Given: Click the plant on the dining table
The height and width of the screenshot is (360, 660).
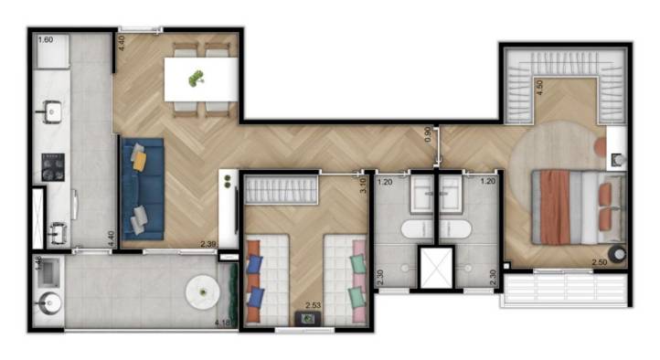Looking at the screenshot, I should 195,79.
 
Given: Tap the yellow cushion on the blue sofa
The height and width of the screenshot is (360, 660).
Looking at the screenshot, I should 139,161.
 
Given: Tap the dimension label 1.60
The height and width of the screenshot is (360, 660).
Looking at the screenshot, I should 46,40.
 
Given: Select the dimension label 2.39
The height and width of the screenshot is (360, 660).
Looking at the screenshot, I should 208,244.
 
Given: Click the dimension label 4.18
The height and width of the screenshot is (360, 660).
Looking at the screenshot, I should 221,323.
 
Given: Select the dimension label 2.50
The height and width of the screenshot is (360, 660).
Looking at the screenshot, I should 600,262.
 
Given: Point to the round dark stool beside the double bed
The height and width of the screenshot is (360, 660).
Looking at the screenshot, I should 619,254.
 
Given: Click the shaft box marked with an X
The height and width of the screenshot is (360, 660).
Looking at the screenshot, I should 435,265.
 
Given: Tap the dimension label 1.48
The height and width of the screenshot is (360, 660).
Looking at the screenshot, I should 38,261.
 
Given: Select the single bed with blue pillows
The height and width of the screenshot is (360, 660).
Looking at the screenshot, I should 267,280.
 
